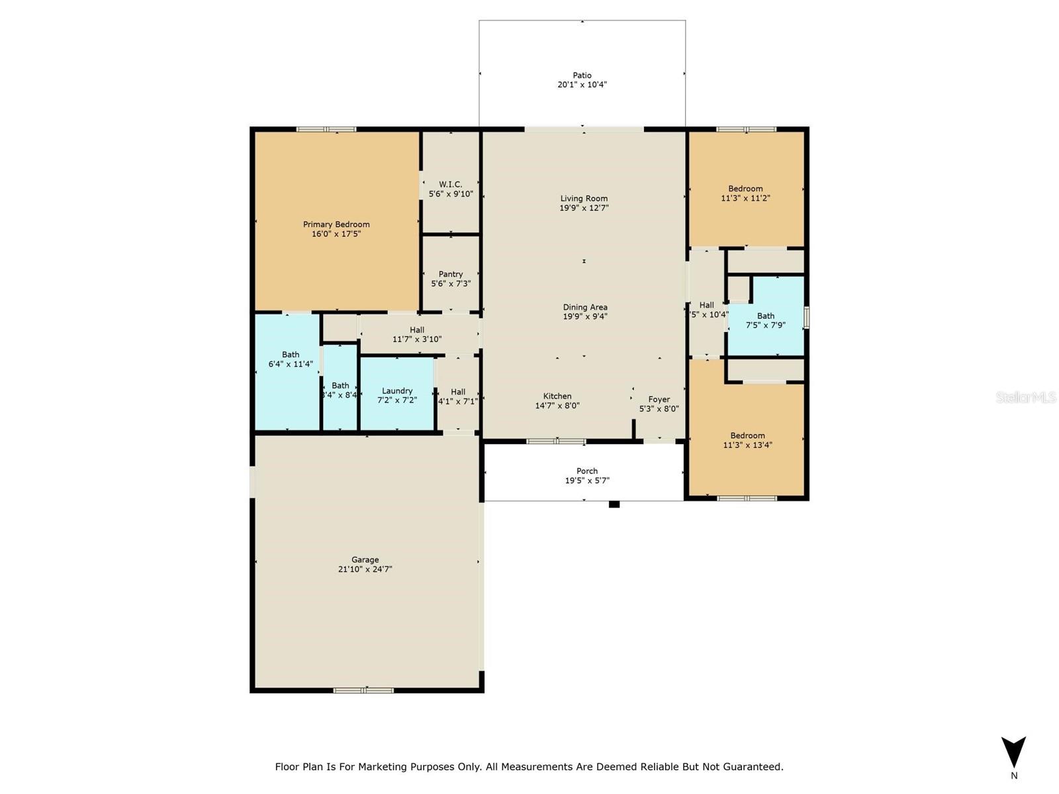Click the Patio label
[582, 75]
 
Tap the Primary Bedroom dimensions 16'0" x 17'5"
[336, 234]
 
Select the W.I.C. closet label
[451, 185]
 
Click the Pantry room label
[451, 274]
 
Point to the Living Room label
[584, 198]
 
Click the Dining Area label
[585, 307]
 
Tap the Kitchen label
[557, 396]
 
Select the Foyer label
[659, 400]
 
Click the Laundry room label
[397, 391]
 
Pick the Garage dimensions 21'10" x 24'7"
[365, 569]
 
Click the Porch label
[586, 471]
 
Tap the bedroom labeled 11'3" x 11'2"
[745, 193]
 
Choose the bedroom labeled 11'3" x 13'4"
[747, 440]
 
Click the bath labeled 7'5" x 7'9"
[766, 321]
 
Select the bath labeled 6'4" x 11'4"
[291, 359]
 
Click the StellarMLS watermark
[1026, 398]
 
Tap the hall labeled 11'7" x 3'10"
[417, 335]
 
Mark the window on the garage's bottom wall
[363, 691]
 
